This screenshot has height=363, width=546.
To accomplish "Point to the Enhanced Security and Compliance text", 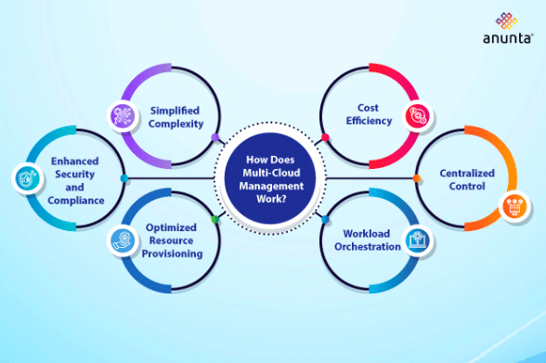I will (x=75, y=180).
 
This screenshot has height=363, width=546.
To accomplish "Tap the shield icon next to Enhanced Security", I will (x=25, y=176).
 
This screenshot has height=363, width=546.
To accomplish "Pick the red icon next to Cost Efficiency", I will (x=414, y=116).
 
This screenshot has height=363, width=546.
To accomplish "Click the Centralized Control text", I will (x=467, y=179).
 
